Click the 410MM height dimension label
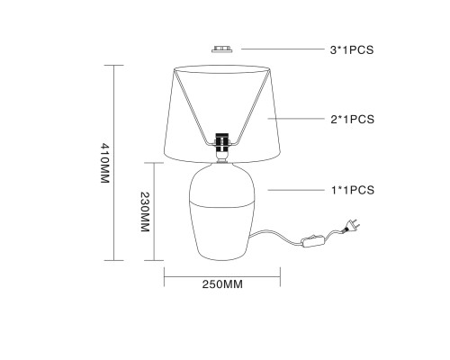click(104, 163)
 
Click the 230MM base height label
click(145, 211)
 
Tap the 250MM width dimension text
click(222, 284)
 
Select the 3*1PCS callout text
click(352, 49)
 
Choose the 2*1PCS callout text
click(353, 120)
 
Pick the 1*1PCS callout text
click(353, 190)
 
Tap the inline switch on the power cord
click(313, 241)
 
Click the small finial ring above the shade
click(222, 49)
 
